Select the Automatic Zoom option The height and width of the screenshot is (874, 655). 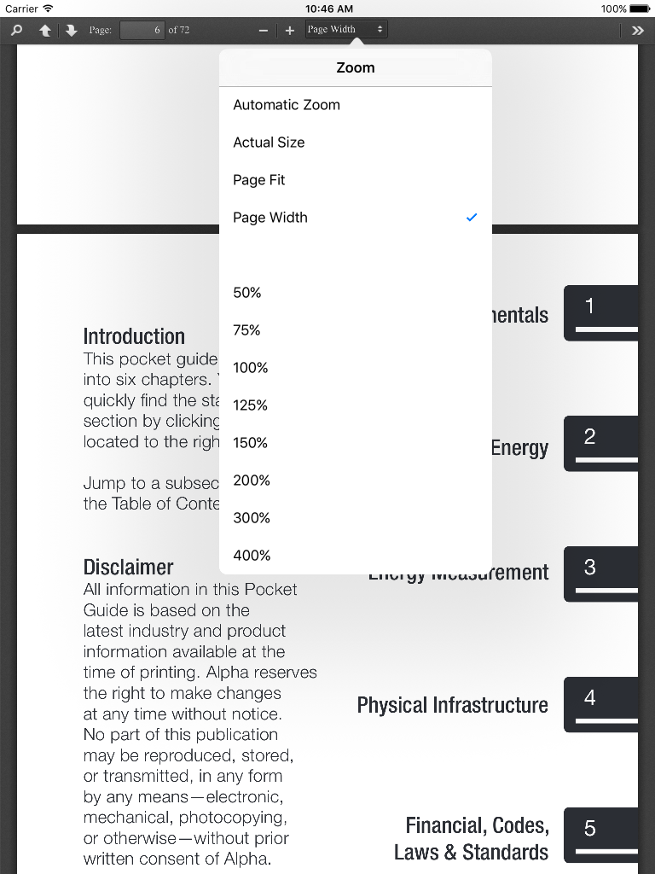tap(287, 105)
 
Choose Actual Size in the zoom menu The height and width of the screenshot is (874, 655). tap(269, 143)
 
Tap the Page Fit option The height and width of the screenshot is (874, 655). tap(259, 180)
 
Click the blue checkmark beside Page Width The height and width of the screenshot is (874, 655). tap(472, 218)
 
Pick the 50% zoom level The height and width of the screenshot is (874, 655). tap(247, 293)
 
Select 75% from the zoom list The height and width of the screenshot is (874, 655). tap(247, 330)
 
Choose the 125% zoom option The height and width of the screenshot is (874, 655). tap(250, 405)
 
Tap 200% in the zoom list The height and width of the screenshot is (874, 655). tap(252, 481)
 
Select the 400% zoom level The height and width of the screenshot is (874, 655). tap(252, 556)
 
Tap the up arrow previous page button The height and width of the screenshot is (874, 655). tap(45, 30)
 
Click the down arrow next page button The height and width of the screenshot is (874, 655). tap(72, 30)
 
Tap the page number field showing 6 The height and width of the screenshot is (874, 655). tap(142, 30)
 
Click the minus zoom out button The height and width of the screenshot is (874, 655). tap(264, 30)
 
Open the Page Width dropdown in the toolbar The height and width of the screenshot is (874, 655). tap(345, 30)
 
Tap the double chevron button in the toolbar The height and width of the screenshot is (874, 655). tap(637, 30)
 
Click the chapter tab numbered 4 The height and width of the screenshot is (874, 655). tap(600, 703)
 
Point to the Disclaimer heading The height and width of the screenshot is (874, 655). tap(128, 568)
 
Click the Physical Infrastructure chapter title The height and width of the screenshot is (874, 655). tap(452, 705)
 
